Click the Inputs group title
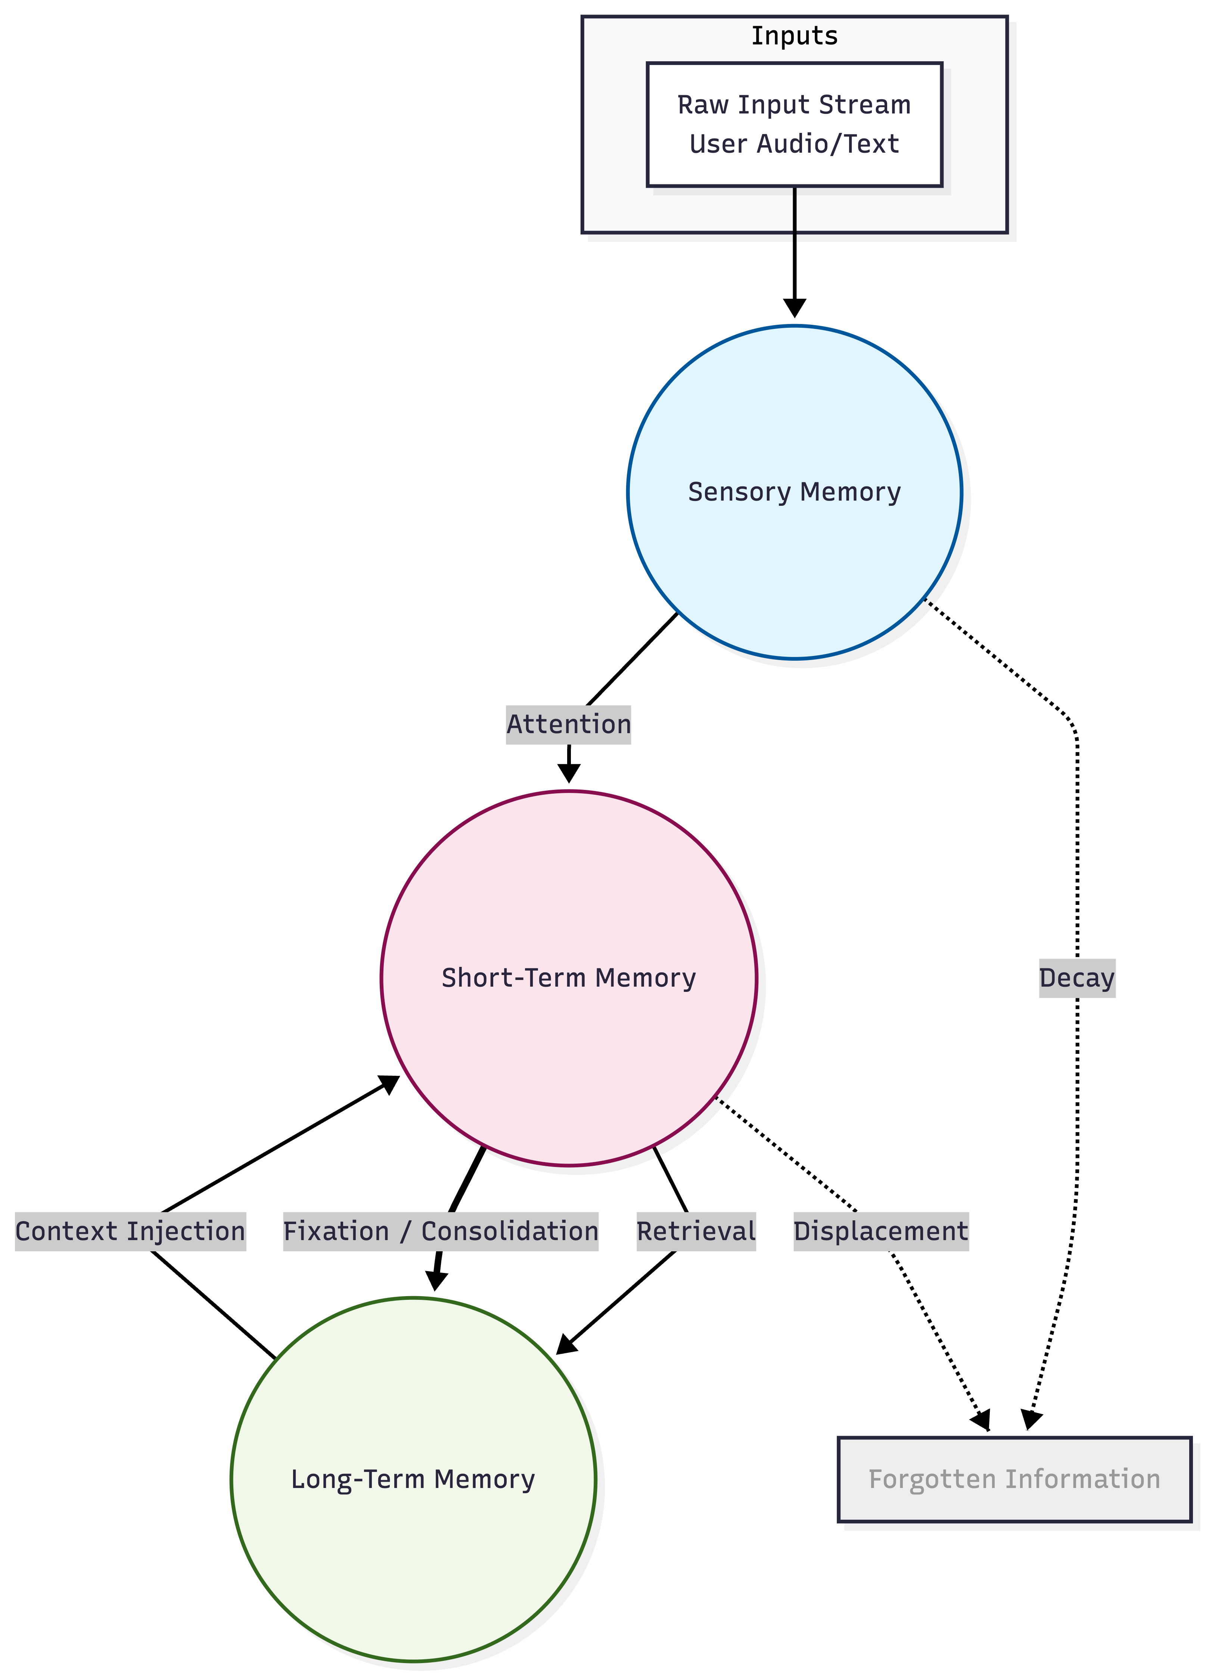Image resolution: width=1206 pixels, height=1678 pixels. (794, 35)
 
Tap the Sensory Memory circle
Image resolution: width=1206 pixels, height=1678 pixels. (794, 492)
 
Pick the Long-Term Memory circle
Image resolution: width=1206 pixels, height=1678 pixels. (413, 1480)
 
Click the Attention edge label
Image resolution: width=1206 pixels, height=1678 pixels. (568, 724)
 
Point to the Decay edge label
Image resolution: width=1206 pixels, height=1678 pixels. (1076, 978)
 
